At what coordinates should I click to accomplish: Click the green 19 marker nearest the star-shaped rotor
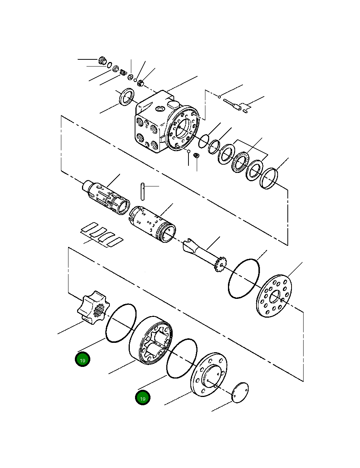pyautogui.click(x=82, y=360)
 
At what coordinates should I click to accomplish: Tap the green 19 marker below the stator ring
pyautogui.click(x=143, y=398)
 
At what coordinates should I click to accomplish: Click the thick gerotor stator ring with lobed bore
pyautogui.click(x=150, y=341)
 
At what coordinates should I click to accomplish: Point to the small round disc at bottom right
pyautogui.click(x=240, y=393)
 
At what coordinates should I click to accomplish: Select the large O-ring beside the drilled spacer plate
pyautogui.click(x=244, y=279)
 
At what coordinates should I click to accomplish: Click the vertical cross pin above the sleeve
pyautogui.click(x=143, y=191)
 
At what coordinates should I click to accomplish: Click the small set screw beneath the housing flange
pyautogui.click(x=196, y=155)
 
